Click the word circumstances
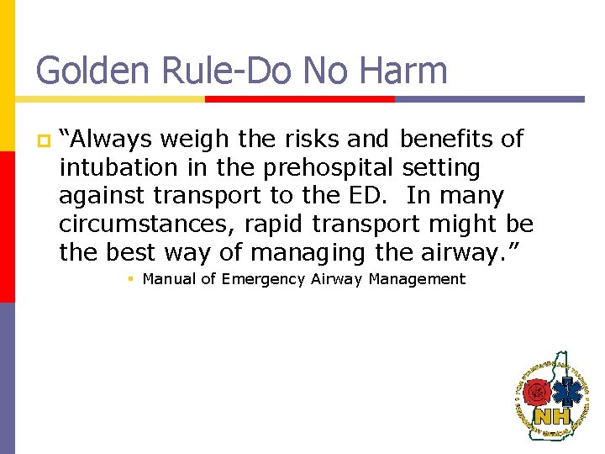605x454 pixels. point(126,224)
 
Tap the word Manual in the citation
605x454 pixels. point(168,279)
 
